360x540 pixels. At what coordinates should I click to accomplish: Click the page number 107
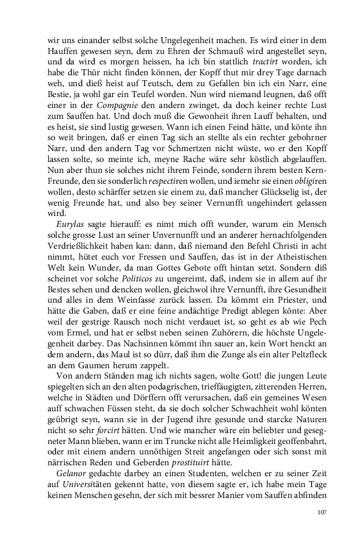click(x=321, y=512)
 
